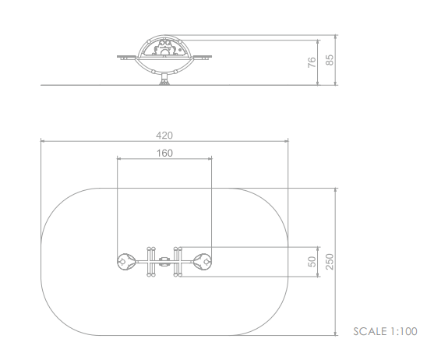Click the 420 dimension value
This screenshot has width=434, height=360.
click(x=164, y=136)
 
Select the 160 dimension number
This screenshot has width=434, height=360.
click(x=164, y=153)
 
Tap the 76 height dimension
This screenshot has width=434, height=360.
click(x=312, y=62)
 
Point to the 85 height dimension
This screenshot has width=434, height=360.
click(x=330, y=60)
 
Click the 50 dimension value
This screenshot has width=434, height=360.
click(x=312, y=262)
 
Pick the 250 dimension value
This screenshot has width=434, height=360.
click(x=330, y=262)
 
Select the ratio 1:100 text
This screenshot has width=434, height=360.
click(x=404, y=331)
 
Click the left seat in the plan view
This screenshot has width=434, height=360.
click(x=126, y=262)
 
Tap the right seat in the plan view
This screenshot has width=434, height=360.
click(x=203, y=262)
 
